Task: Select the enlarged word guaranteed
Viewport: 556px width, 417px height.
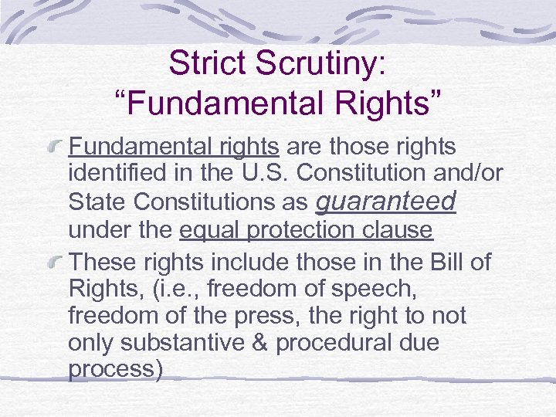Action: tap(387, 202)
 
